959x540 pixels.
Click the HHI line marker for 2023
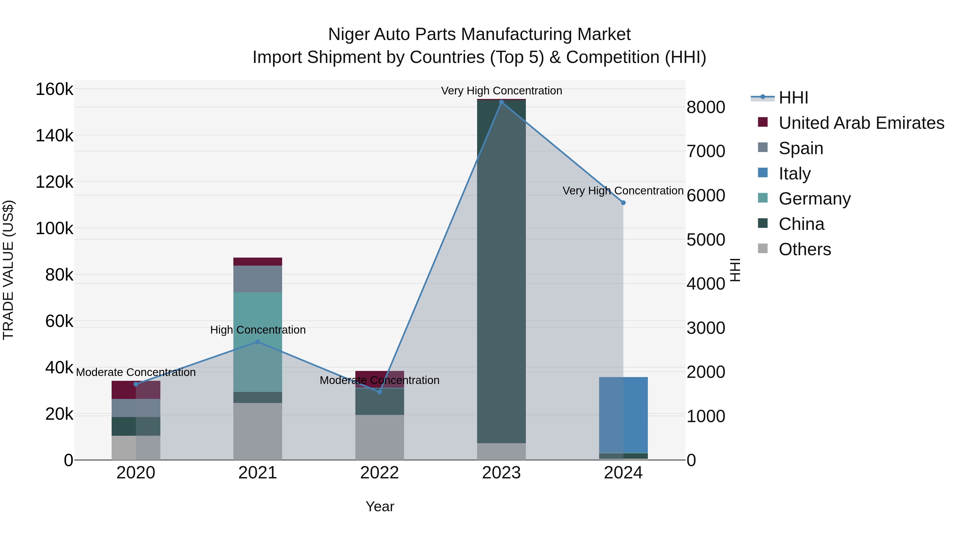pyautogui.click(x=501, y=102)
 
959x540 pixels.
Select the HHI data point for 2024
pyautogui.click(x=623, y=203)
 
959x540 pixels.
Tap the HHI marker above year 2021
pyautogui.click(x=258, y=342)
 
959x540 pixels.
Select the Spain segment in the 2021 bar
pyautogui.click(x=258, y=279)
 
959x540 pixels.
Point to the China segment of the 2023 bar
pyautogui.click(x=501, y=272)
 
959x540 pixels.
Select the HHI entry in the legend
pyautogui.click(x=793, y=98)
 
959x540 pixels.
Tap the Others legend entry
pyautogui.click(x=804, y=249)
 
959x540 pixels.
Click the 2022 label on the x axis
pyautogui.click(x=379, y=473)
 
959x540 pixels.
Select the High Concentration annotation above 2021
pyautogui.click(x=258, y=330)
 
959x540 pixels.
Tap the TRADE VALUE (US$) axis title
pyautogui.click(x=8, y=270)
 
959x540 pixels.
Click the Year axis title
pyautogui.click(x=380, y=506)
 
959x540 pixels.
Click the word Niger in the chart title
pyautogui.click(x=348, y=34)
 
